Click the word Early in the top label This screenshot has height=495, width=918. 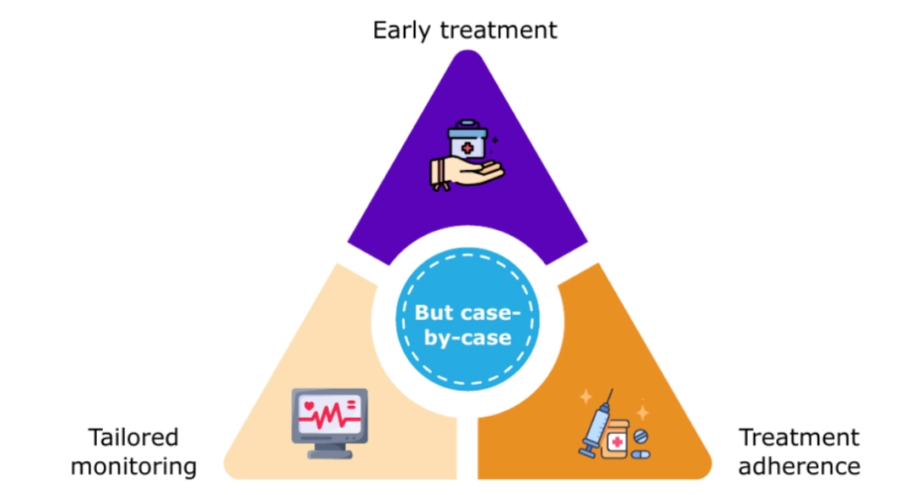(401, 31)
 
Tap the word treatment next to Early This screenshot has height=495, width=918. (499, 30)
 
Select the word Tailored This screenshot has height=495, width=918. (133, 437)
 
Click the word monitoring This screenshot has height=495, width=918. (133, 467)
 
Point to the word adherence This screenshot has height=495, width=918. (799, 466)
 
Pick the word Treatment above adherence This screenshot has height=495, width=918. (799, 437)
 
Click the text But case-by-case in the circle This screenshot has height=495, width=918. (467, 324)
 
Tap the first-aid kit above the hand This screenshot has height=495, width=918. (467, 139)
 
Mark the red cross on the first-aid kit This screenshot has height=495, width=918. (467, 148)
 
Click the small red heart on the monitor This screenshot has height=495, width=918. (309, 406)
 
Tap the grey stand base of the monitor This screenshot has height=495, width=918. (330, 453)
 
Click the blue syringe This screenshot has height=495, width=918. (595, 425)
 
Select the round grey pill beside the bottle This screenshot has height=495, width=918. (641, 436)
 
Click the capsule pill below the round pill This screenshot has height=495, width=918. (641, 454)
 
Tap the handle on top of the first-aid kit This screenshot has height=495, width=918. (467, 125)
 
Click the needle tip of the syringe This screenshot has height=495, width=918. (612, 390)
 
